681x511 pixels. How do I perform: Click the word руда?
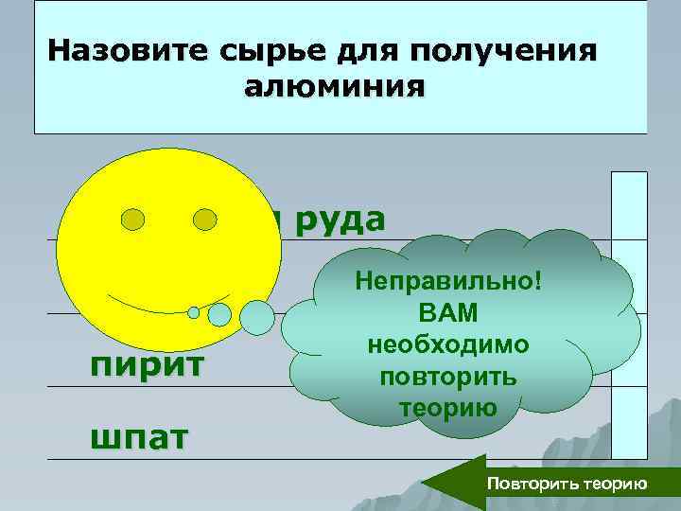tap(339, 218)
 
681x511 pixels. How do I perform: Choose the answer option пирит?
tap(147, 364)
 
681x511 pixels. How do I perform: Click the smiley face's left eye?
tap(133, 220)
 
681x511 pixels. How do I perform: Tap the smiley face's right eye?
tap(205, 220)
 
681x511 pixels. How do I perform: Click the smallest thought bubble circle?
tap(194, 312)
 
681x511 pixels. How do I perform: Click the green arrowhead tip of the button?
tap(427, 484)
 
